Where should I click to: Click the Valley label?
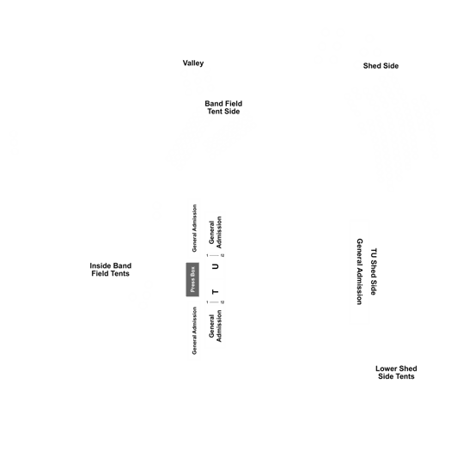point(193,64)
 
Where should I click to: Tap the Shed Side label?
point(381,66)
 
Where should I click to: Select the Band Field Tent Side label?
point(223,107)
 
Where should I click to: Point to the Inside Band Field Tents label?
point(111,270)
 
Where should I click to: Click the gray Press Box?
point(192,279)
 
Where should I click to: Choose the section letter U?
point(215,266)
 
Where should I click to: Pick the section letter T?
point(215,292)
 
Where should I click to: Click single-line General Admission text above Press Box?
point(194,229)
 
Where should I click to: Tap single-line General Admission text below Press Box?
point(194,331)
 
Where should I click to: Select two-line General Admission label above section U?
point(216,233)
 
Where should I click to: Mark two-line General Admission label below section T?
point(216,326)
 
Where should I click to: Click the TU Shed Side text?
point(374,271)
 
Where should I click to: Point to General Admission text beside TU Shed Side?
point(360,271)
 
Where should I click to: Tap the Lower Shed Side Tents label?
point(396,373)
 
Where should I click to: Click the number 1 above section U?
point(207,255)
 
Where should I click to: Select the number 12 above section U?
point(222,255)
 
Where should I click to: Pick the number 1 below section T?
point(207,302)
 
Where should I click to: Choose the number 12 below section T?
point(222,302)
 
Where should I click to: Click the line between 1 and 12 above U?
point(214,255)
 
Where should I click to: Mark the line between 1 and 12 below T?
point(214,302)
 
